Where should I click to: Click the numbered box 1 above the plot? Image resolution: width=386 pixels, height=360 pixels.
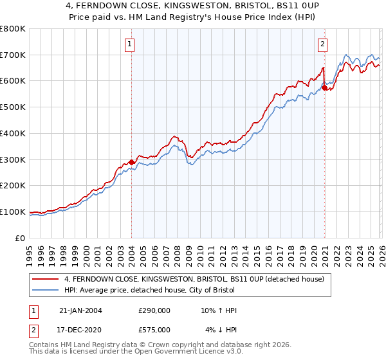click(131, 44)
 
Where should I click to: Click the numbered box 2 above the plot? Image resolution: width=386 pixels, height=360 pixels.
click(322, 44)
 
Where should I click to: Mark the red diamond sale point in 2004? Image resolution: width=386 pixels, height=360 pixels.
click(132, 162)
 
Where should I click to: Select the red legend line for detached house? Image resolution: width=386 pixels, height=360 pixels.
click(46, 279)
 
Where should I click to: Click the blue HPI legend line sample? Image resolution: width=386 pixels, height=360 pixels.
click(46, 290)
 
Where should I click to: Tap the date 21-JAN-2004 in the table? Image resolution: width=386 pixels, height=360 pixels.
click(80, 310)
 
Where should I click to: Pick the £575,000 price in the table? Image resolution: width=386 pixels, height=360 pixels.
click(154, 329)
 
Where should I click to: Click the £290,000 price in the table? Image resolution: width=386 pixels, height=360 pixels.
click(154, 310)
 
